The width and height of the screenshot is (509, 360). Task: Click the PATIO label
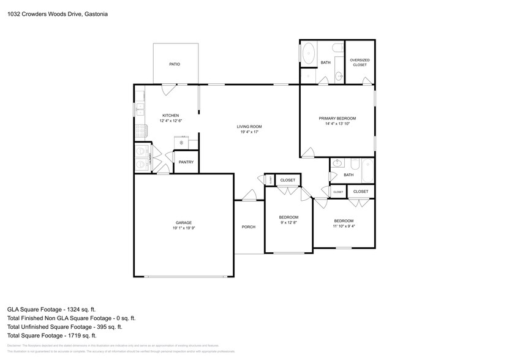(x=175, y=64)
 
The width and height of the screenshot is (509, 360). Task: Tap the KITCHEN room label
(x=170, y=116)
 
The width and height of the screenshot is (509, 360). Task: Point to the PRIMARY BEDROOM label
(x=337, y=118)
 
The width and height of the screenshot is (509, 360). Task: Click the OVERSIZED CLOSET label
(x=360, y=62)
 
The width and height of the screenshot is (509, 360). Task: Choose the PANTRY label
(x=186, y=162)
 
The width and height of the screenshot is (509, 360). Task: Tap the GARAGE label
(x=184, y=222)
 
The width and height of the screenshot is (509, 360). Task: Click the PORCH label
(x=249, y=227)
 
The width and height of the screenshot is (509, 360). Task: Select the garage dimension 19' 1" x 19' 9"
(x=184, y=228)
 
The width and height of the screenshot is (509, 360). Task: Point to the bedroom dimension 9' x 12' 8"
(x=288, y=223)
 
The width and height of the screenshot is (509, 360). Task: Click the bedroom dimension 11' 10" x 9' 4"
(x=344, y=226)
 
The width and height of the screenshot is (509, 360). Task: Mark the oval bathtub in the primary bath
(x=308, y=53)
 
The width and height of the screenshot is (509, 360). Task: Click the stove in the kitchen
(x=141, y=130)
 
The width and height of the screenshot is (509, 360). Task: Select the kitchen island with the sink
(x=182, y=143)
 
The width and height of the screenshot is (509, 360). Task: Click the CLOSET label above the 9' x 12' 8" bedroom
(x=288, y=180)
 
